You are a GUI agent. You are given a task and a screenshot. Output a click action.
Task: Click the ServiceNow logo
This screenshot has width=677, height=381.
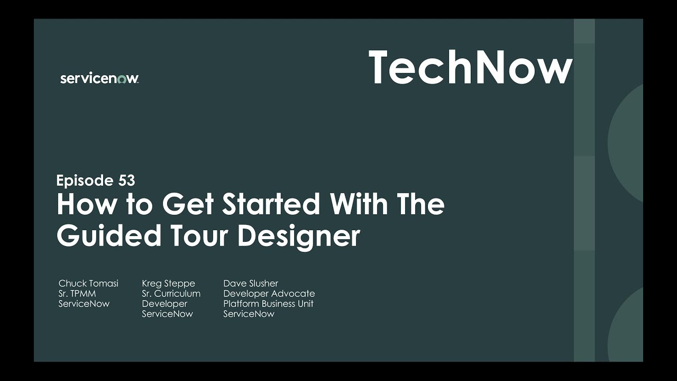coord(99,78)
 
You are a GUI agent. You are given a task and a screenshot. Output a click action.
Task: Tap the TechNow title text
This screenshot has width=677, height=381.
coord(470,67)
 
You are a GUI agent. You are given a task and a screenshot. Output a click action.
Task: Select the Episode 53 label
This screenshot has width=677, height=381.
coord(95,180)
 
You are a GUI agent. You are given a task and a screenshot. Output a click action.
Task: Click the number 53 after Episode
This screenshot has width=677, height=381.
coord(126,180)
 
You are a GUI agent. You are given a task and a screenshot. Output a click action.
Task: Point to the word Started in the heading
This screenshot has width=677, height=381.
coord(271,204)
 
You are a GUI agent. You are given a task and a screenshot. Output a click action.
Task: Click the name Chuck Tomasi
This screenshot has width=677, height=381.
coord(88,284)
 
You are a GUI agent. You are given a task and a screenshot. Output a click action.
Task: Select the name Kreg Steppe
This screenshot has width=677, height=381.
coord(168,284)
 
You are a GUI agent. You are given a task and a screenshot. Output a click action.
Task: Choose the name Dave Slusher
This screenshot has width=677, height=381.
coord(250,284)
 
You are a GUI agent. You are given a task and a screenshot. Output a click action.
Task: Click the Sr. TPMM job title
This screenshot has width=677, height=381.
coord(77,294)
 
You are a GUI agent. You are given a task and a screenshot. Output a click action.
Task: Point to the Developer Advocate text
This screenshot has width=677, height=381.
coord(269,294)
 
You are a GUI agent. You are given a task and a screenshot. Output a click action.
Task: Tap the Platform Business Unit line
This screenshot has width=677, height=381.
coord(268,304)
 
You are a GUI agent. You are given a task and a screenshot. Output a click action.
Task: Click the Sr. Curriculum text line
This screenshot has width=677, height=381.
coord(171,294)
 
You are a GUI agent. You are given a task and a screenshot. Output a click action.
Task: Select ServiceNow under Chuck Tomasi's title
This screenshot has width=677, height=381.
coord(84,304)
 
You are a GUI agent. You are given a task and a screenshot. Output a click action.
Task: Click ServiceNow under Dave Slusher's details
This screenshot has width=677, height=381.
coord(249,314)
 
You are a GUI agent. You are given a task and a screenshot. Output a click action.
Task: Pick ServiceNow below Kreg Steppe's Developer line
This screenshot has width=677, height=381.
coord(167,314)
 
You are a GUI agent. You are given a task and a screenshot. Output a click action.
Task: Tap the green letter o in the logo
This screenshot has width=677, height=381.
coord(121,79)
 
